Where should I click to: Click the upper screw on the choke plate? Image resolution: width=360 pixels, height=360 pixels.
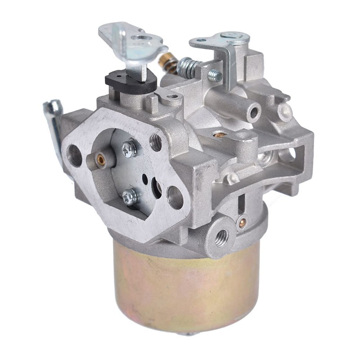(x=130, y=148)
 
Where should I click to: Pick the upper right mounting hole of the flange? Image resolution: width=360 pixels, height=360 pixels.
(x=156, y=142)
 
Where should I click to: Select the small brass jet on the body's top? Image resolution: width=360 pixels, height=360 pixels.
(x=220, y=134)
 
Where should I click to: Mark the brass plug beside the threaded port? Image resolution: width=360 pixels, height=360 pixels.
(x=243, y=221)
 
